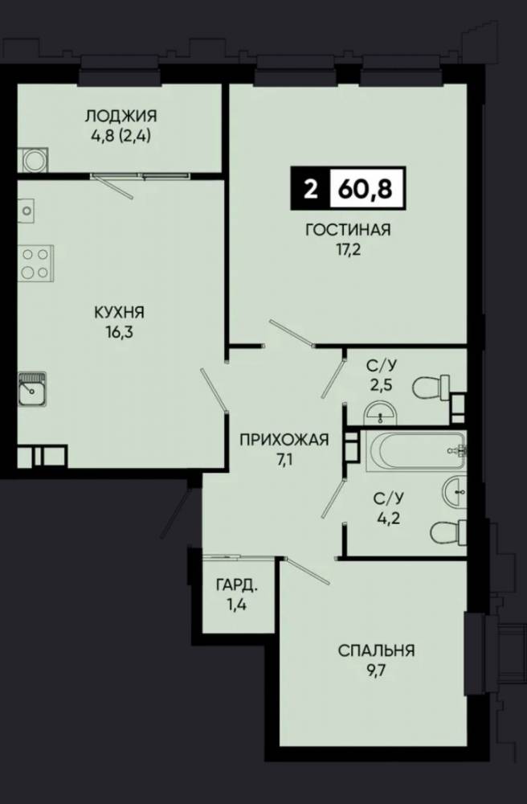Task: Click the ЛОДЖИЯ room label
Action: pos(121,116)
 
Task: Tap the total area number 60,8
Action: pos(366,189)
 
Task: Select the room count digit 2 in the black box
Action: pos(310,189)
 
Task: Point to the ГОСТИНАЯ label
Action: pos(348,230)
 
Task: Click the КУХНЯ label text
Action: pos(120,312)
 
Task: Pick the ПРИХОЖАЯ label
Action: pos(284,440)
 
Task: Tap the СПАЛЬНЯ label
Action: pos(377,650)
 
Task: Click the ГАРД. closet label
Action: pos(237,585)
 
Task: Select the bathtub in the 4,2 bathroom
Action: pos(416,451)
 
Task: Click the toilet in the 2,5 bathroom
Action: pos(431,388)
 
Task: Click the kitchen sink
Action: pos(32,389)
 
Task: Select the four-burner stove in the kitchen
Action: pos(36,263)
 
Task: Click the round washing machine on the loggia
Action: pos(34,159)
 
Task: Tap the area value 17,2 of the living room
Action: pos(348,251)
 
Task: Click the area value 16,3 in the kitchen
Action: pos(120,332)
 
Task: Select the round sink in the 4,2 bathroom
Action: pos(455,492)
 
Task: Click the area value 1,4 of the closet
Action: pos(237,605)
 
